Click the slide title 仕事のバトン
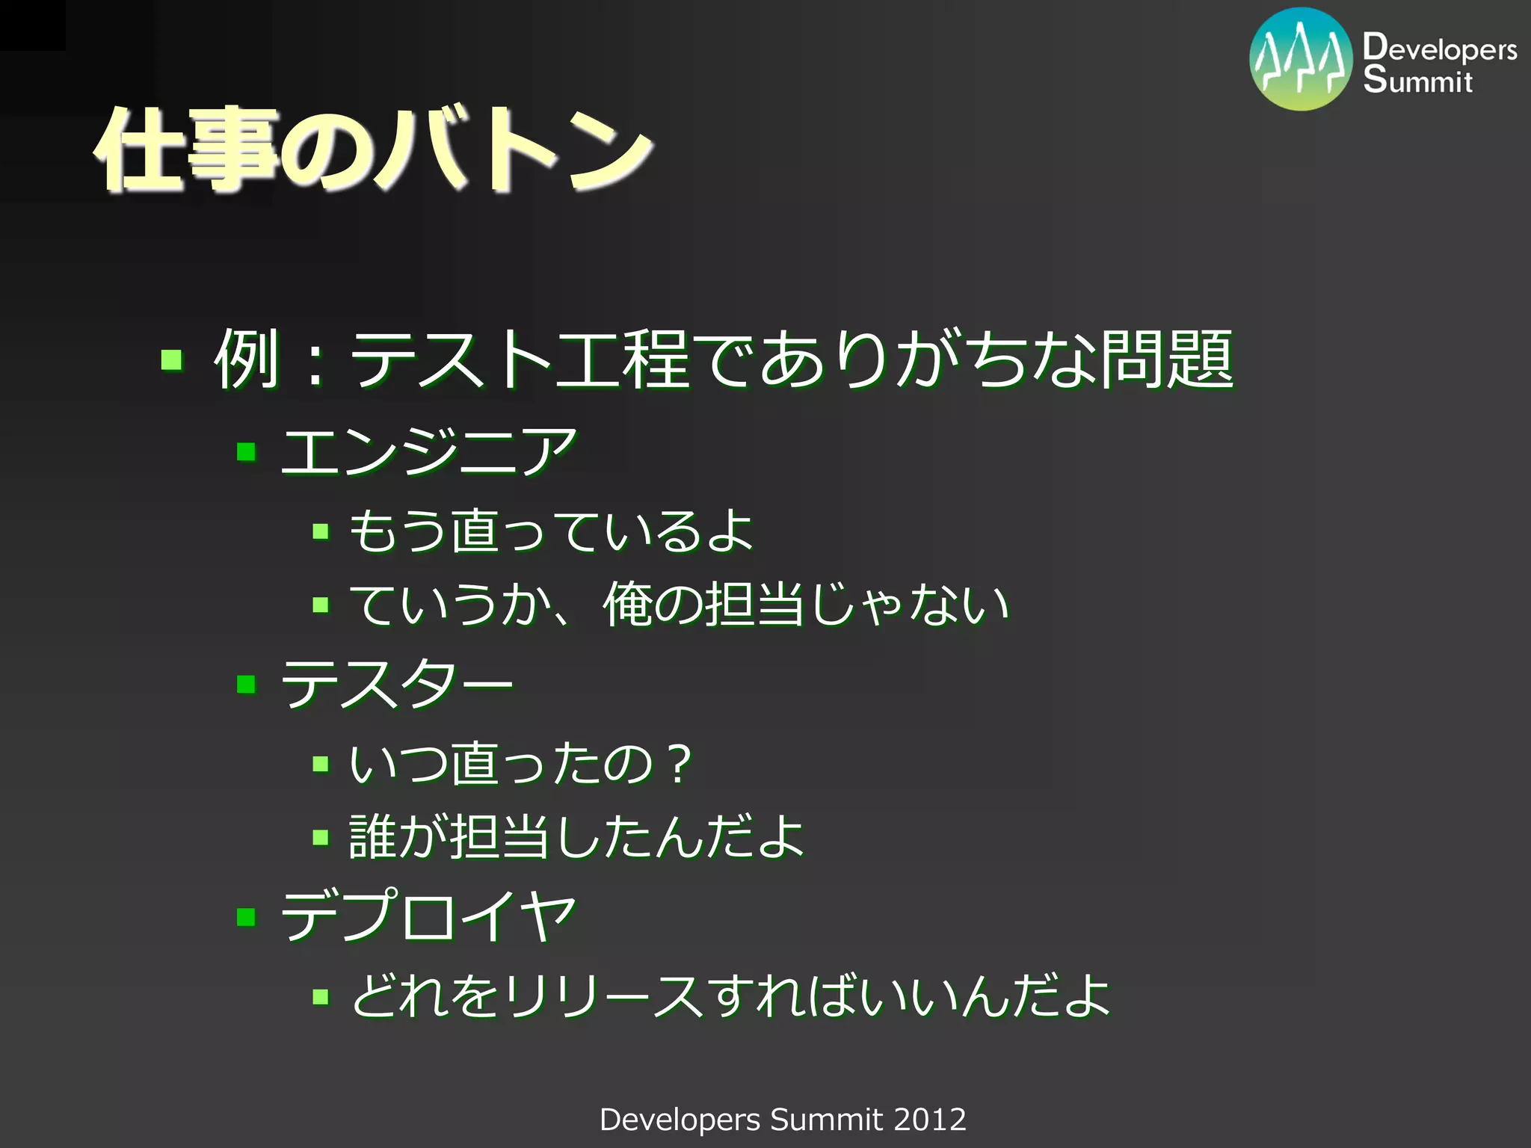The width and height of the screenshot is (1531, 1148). pyautogui.click(x=374, y=149)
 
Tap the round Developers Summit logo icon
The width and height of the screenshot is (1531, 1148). pyautogui.click(x=1301, y=60)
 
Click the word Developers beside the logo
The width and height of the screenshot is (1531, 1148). pyautogui.click(x=1440, y=48)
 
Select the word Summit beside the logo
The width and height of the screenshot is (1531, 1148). pyautogui.click(x=1417, y=79)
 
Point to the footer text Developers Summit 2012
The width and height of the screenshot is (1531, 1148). pyautogui.click(x=783, y=1120)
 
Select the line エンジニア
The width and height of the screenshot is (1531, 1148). pyautogui.click(x=428, y=453)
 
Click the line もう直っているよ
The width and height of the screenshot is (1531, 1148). pyautogui.click(x=552, y=531)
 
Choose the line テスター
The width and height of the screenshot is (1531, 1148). pyautogui.click(x=397, y=685)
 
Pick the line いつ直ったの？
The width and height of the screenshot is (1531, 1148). pyautogui.click(x=522, y=764)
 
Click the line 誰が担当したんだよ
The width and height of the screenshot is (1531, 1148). pyautogui.click(x=576, y=837)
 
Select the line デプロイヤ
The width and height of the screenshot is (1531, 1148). pyautogui.click(x=428, y=917)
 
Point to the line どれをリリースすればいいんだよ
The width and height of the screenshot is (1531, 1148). pyautogui.click(x=730, y=996)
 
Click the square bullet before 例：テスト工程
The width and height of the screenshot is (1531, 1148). pyautogui.click(x=172, y=360)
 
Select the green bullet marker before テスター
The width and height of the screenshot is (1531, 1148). pyautogui.click(x=246, y=684)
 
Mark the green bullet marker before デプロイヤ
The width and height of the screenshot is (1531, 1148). pyautogui.click(x=246, y=916)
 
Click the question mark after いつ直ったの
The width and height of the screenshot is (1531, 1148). pyautogui.click(x=680, y=764)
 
